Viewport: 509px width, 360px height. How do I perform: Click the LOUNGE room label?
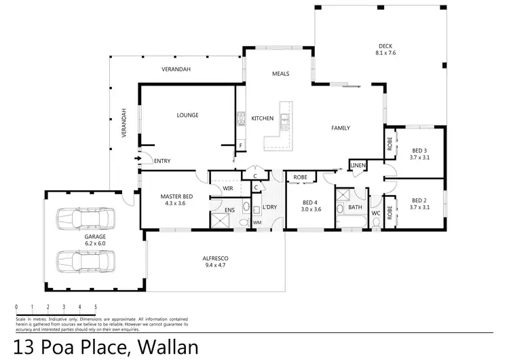(187, 115)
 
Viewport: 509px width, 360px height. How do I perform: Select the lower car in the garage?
(83, 261)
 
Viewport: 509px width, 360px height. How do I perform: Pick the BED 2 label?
(419, 200)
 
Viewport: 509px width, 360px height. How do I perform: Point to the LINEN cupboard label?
(358, 166)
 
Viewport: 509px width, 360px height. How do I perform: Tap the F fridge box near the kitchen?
(240, 146)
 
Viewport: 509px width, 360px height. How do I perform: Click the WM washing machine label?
(257, 222)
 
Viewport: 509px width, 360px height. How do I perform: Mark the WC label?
(375, 213)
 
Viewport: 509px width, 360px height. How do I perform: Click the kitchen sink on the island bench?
(286, 121)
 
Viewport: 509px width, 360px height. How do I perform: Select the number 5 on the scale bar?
(96, 307)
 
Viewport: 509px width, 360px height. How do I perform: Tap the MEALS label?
(281, 73)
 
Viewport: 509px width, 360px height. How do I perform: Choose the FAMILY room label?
(341, 128)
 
